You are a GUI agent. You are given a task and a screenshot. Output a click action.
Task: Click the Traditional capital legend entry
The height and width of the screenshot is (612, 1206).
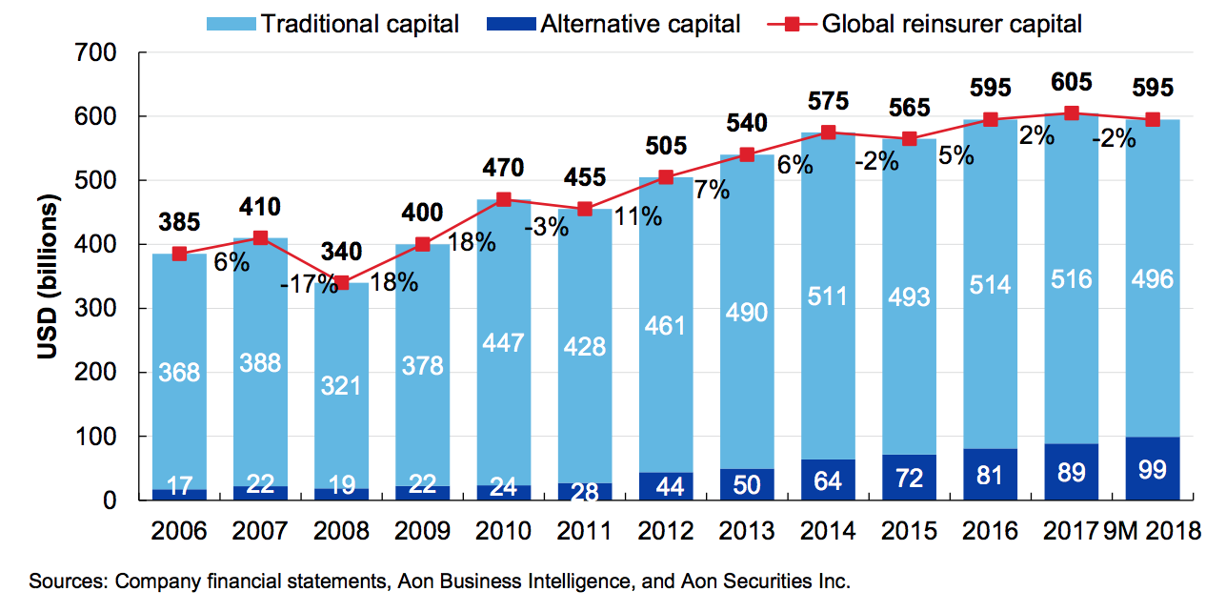click(x=334, y=23)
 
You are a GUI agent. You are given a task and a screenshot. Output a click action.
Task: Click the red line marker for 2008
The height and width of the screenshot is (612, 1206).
click(x=342, y=282)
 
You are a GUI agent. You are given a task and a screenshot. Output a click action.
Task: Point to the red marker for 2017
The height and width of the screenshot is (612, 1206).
click(x=1072, y=112)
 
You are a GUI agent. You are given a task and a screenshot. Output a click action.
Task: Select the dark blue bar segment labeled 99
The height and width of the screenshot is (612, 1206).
click(x=1153, y=468)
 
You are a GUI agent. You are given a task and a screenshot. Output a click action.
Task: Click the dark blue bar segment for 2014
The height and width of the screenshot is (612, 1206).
click(x=828, y=479)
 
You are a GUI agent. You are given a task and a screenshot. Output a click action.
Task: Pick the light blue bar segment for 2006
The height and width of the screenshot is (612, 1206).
click(x=180, y=372)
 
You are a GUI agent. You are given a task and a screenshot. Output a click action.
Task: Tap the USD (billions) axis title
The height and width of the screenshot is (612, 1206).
click(x=50, y=277)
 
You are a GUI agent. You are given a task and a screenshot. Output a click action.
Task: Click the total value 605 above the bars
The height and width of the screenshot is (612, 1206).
click(x=1072, y=82)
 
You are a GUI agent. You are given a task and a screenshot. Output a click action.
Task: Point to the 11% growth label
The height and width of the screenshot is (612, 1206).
click(x=636, y=216)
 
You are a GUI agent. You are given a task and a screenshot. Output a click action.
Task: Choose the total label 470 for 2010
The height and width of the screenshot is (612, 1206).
click(x=504, y=168)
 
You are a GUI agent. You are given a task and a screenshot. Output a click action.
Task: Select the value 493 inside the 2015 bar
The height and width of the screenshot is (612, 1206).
click(x=909, y=297)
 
